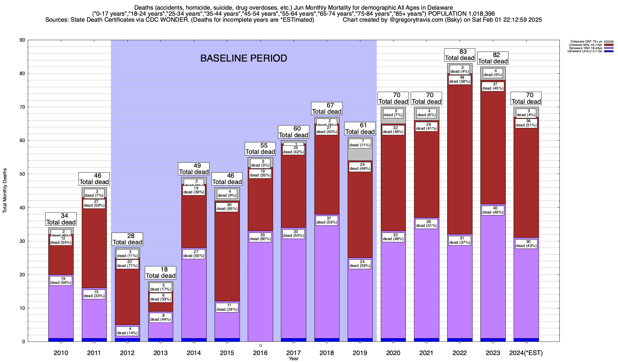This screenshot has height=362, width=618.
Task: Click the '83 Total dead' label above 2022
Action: click(460, 55)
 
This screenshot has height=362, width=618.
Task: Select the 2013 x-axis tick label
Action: click(161, 353)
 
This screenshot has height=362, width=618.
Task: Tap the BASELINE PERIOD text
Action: click(244, 58)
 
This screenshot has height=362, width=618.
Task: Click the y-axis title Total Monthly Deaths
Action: click(5, 191)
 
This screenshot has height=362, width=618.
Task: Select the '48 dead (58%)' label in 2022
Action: click(460, 79)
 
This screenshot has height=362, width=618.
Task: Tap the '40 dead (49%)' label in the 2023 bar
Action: click(493, 210)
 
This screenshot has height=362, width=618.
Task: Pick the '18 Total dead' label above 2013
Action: click(161, 272)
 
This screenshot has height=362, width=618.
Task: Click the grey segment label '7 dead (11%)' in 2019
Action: click(360, 143)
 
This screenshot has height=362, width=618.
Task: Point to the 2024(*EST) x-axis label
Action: click(526, 353)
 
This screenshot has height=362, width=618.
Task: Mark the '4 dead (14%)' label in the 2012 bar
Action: click(127, 331)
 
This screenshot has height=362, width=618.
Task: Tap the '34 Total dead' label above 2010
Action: click(61, 219)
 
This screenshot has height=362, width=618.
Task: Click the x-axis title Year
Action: click(293, 359)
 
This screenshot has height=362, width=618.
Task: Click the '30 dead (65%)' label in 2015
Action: click(227, 207)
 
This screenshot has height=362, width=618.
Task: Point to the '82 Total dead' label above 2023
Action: click(493, 58)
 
